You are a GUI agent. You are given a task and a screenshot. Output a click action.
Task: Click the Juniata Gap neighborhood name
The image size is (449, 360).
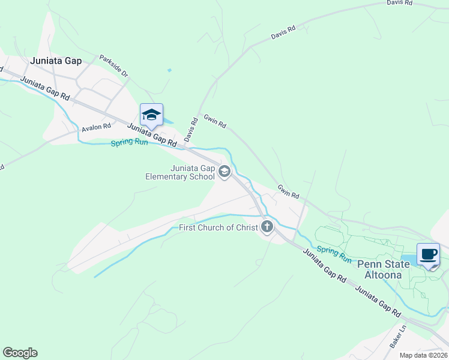(x=56, y=61)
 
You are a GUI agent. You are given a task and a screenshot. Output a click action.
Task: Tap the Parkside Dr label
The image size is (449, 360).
(x=114, y=66)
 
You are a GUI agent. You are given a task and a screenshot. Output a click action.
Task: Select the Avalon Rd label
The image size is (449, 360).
(x=97, y=127)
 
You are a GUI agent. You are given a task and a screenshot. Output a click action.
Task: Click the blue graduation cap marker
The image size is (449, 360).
(x=151, y=115)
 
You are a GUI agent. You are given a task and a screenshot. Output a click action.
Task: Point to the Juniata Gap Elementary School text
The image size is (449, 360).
(x=179, y=172)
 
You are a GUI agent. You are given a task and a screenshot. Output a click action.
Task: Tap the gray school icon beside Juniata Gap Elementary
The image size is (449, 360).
(x=224, y=173)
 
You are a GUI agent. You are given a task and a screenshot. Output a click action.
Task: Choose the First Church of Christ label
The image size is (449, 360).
(x=218, y=227)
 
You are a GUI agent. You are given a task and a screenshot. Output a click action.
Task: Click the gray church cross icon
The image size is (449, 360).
(x=267, y=227)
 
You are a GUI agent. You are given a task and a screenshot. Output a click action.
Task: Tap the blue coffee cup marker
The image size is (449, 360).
(x=429, y=254)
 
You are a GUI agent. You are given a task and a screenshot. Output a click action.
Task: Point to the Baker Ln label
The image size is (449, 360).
(x=397, y=336)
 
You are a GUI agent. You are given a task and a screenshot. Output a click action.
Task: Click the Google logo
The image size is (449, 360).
(x=20, y=353)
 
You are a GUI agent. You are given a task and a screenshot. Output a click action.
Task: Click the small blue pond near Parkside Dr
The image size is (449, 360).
(x=169, y=70)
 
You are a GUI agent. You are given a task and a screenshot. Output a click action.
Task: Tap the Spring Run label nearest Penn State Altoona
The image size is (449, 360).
(x=334, y=254)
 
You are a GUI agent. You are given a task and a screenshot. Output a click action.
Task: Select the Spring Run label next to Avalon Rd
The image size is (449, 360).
(x=129, y=143)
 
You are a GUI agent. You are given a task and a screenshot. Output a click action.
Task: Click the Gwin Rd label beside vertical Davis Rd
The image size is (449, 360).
(x=215, y=121)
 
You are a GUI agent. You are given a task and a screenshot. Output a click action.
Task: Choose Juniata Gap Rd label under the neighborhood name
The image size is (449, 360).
(x=45, y=88)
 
